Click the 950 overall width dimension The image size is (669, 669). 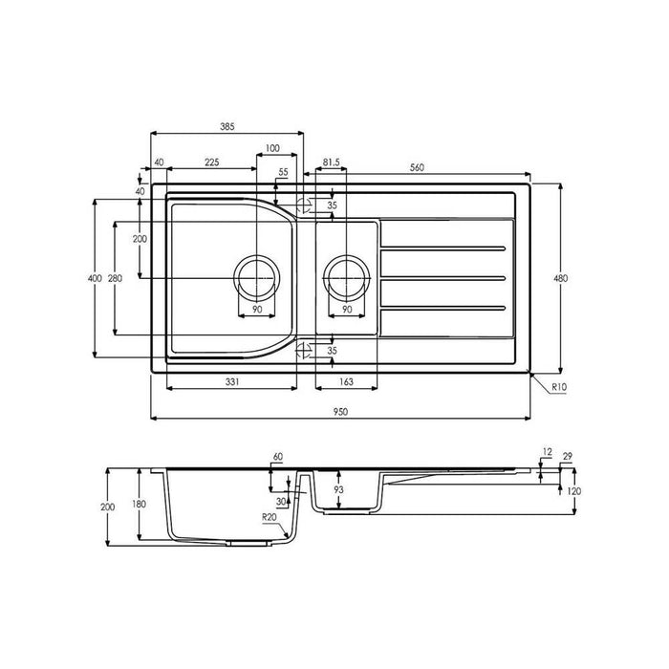pos(340,412)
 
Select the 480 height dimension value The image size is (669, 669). pos(561,278)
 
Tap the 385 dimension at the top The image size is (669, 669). pos(227,127)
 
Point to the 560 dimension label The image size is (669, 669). pos(417,167)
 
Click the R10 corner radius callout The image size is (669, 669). pos(559,387)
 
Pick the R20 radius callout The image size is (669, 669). pos(270,517)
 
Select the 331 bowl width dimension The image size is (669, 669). pos(231,382)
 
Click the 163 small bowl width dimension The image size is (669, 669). pos(346,382)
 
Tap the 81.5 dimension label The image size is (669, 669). pos(331,162)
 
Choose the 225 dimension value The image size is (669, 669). pos(211,162)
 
